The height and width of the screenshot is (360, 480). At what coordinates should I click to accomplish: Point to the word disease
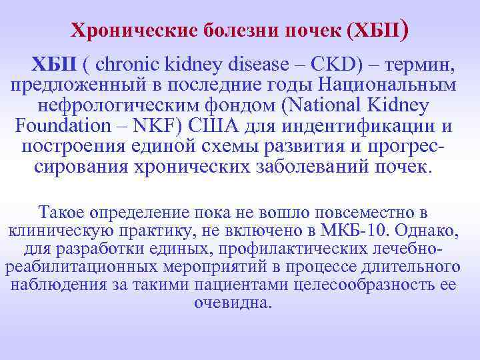click(x=261, y=65)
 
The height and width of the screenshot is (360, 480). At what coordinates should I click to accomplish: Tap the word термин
click(x=419, y=65)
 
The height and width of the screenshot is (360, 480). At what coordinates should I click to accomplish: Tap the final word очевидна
click(x=233, y=303)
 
